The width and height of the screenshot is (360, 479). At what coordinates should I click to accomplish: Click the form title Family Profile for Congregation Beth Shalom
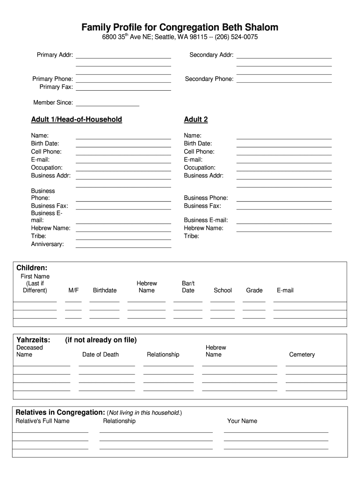pyautogui.click(x=180, y=27)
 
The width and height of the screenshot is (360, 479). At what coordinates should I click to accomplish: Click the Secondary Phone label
pyautogui.click(x=209, y=79)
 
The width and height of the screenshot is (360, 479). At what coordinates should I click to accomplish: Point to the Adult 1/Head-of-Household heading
pyautogui.click(x=76, y=120)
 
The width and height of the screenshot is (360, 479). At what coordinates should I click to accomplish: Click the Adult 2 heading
pyautogui.click(x=196, y=120)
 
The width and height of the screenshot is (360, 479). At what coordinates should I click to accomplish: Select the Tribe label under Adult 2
pyautogui.click(x=191, y=236)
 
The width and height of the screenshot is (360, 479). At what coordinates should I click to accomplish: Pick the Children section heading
pyautogui.click(x=32, y=268)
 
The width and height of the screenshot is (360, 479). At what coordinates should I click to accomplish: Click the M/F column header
pyautogui.click(x=73, y=290)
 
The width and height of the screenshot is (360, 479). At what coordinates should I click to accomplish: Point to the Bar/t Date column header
pyautogui.click(x=188, y=287)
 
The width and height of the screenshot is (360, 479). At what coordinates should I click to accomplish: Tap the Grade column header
pyautogui.click(x=254, y=290)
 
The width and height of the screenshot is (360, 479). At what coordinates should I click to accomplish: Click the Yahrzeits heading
pyautogui.click(x=33, y=340)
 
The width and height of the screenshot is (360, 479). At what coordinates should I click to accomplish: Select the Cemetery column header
pyautogui.click(x=302, y=355)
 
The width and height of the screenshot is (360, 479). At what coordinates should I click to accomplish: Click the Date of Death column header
pyautogui.click(x=101, y=355)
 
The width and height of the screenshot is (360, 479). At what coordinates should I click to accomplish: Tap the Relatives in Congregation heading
pyautogui.click(x=60, y=413)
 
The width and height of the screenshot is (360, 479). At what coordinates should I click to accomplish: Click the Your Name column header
pyautogui.click(x=242, y=421)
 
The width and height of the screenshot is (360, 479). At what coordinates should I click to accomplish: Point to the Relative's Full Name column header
pyautogui.click(x=43, y=421)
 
